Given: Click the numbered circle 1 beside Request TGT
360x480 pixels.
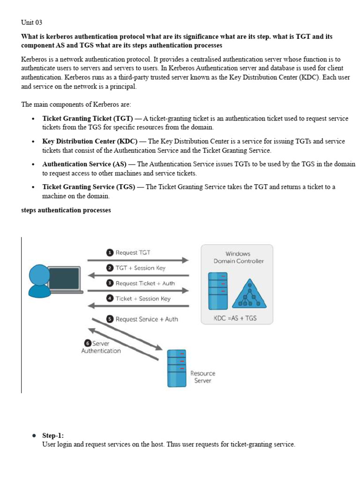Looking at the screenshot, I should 110,253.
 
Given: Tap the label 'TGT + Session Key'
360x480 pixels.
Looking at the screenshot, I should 140,268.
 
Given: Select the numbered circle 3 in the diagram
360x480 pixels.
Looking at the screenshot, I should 110,283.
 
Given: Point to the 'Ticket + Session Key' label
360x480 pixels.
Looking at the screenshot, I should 143,299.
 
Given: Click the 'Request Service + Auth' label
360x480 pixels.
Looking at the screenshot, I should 147,319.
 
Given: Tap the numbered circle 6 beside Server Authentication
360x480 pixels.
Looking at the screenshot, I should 87,343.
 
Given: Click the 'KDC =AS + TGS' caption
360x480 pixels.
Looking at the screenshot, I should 235,318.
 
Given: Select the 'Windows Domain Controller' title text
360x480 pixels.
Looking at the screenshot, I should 238,257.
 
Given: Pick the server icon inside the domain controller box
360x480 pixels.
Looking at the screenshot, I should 217,291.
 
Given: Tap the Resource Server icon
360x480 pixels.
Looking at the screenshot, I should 177,368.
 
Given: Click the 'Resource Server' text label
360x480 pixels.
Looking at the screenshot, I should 202,377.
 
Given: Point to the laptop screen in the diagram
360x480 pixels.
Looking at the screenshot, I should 63,278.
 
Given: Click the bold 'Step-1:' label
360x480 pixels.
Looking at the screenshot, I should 53,435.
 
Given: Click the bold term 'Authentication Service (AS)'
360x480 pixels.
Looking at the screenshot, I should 84,164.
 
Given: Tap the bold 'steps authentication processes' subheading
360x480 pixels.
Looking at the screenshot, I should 66,210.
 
